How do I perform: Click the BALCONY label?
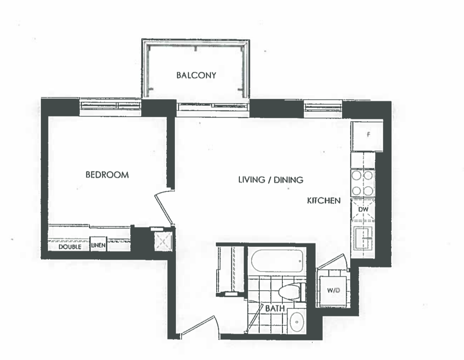[x=196, y=75]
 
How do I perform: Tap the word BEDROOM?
[x=107, y=175]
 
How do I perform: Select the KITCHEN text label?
[x=324, y=201]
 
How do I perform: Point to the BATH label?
[x=275, y=308]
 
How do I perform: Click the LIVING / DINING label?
[x=271, y=180]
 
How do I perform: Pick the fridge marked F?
[x=367, y=136]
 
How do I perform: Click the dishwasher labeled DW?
[x=363, y=210]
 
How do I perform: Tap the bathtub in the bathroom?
[x=277, y=261]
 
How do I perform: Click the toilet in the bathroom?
[x=292, y=291]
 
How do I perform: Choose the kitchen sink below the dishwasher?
[x=363, y=238]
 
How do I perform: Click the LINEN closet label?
[x=98, y=245]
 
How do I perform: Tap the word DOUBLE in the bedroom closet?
[x=70, y=247]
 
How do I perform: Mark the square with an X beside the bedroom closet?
[x=163, y=242]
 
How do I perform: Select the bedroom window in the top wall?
[x=110, y=105]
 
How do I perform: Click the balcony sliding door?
[x=214, y=106]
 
